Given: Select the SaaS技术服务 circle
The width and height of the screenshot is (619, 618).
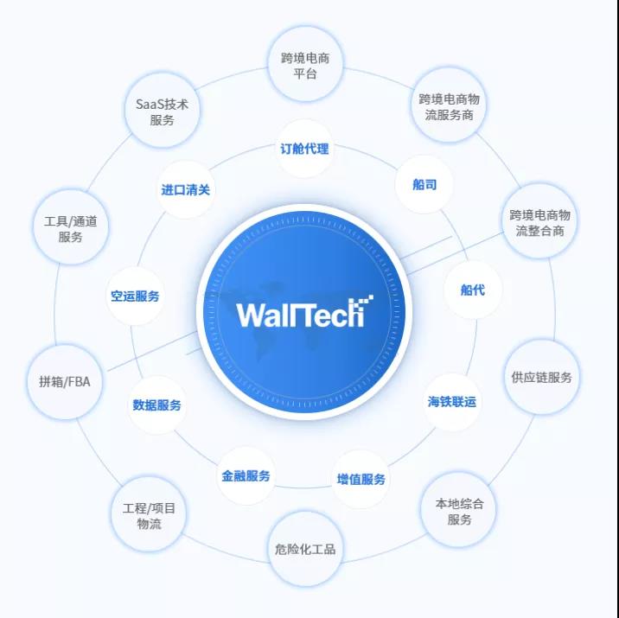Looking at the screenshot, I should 162,111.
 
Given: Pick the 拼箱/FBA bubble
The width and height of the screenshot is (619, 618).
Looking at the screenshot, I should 64,381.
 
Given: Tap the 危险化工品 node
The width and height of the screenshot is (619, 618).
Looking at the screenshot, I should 304,549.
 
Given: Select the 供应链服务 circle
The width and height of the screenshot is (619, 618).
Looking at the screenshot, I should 541,377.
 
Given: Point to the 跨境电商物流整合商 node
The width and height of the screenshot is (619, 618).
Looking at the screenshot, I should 539,222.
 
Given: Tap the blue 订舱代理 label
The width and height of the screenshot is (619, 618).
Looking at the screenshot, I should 304,149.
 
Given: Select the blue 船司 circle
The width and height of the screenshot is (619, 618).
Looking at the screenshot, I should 424,184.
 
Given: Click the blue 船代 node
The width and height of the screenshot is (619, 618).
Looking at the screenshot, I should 472,290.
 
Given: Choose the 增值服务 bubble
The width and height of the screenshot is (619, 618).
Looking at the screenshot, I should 361,479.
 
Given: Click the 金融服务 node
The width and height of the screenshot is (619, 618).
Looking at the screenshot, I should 246,475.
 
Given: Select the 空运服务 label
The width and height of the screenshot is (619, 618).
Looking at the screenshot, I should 135,296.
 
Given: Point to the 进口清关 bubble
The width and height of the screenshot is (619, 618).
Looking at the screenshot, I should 185,189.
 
